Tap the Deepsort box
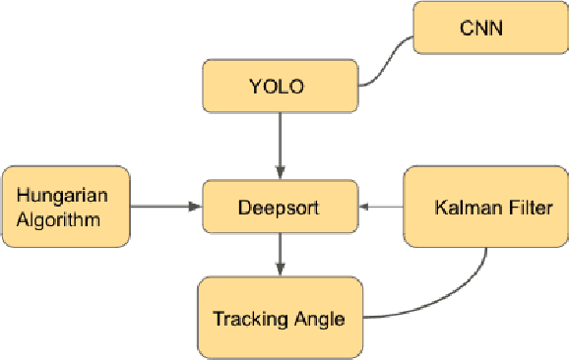[x=281, y=208]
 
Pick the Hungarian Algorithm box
[x=66, y=206]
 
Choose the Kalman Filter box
[x=485, y=207]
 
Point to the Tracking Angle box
[x=280, y=318]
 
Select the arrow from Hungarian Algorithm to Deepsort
[x=164, y=207]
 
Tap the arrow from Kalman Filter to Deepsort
[x=382, y=207]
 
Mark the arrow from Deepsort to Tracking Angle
[x=281, y=255]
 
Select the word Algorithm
[x=58, y=218]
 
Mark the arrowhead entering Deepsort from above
[x=281, y=173]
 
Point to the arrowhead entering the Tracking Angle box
[x=281, y=270]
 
